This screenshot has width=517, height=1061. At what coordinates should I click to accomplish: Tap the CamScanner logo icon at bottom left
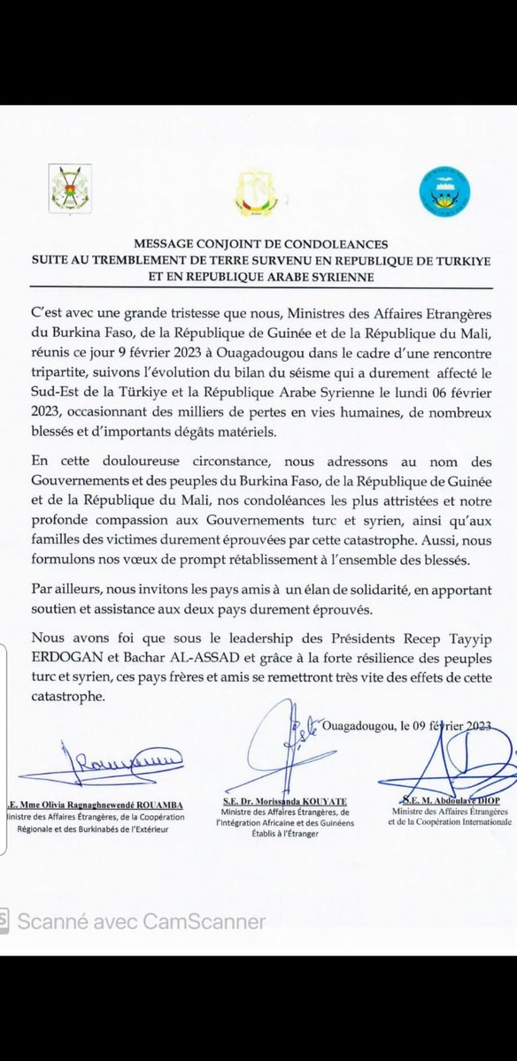coord(6,920)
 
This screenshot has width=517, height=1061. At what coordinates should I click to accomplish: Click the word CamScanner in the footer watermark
coord(210,920)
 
